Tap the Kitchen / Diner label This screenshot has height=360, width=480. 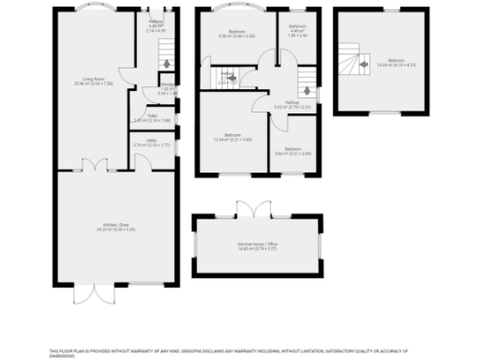112,226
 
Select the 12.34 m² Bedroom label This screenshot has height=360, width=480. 234,138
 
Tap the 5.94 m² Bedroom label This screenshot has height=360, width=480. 292,151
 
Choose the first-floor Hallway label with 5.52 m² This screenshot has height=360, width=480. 292,107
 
